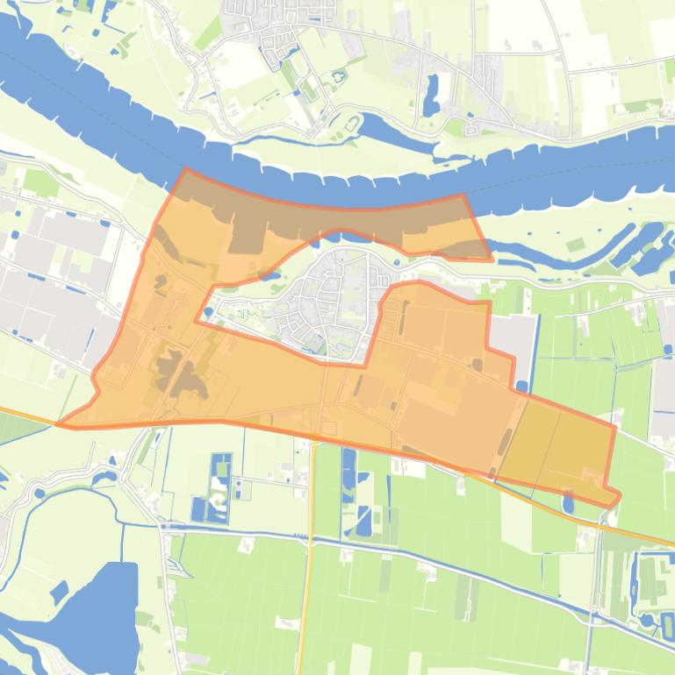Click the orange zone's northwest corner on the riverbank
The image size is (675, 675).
(185, 169)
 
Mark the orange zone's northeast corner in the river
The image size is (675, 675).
(463, 195)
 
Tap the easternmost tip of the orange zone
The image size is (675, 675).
(620, 497)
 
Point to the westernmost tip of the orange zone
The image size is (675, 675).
(58, 424)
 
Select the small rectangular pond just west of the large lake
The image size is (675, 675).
(59, 592)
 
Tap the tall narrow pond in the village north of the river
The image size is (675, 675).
(431, 95)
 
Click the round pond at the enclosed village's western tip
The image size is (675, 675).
(208, 311)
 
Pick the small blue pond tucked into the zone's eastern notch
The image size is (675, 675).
(522, 385)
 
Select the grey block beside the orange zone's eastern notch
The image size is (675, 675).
(513, 337)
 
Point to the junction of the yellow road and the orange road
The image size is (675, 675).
(312, 439)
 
